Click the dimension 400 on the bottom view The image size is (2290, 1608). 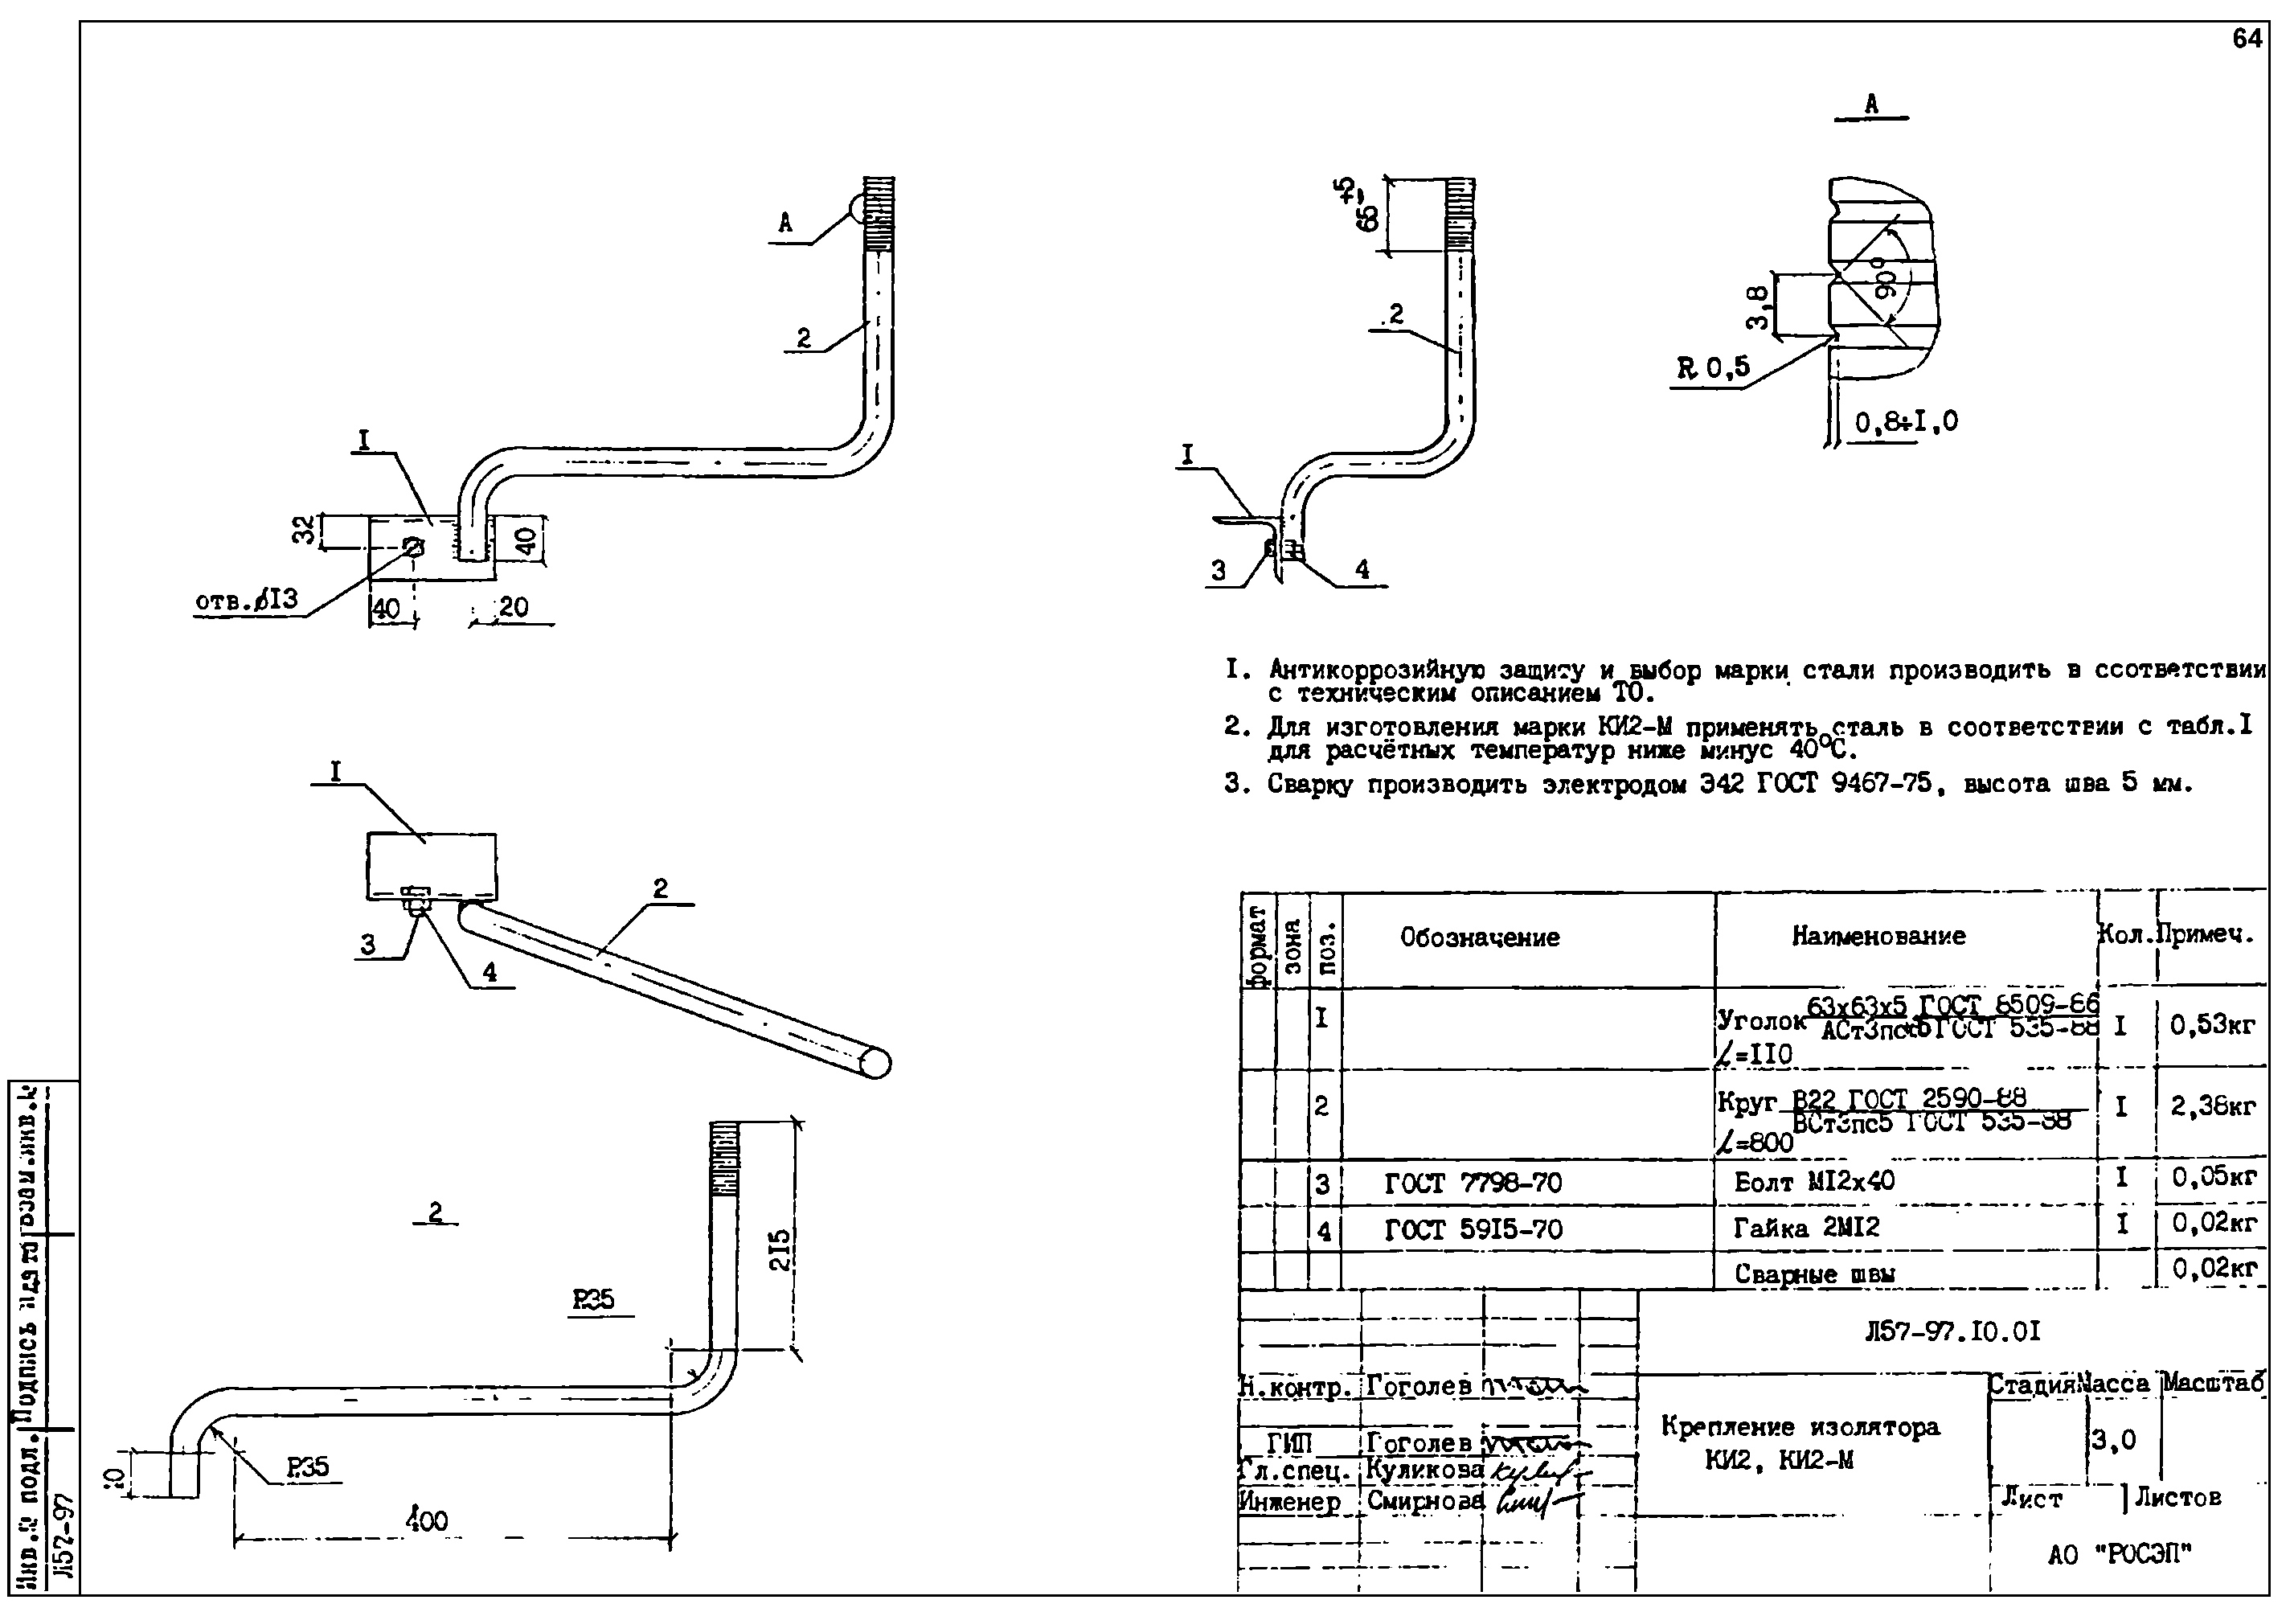point(427,1521)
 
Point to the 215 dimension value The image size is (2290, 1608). point(781,1249)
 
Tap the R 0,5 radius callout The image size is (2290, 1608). point(1714,368)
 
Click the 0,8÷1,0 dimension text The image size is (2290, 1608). point(1906,423)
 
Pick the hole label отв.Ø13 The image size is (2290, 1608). point(246,601)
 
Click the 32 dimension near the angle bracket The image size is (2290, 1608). point(303,530)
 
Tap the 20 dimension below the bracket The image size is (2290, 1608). point(513,608)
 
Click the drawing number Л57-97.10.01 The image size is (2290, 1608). point(1952,1331)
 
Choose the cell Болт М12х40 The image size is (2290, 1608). point(1814,1182)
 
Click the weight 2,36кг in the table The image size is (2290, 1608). point(2212,1106)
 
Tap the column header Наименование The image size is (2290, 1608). point(1878,937)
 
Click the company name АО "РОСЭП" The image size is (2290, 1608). point(2120,1554)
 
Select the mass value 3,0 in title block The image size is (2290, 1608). point(2113,1441)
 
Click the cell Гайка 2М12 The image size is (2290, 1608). point(1805,1228)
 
